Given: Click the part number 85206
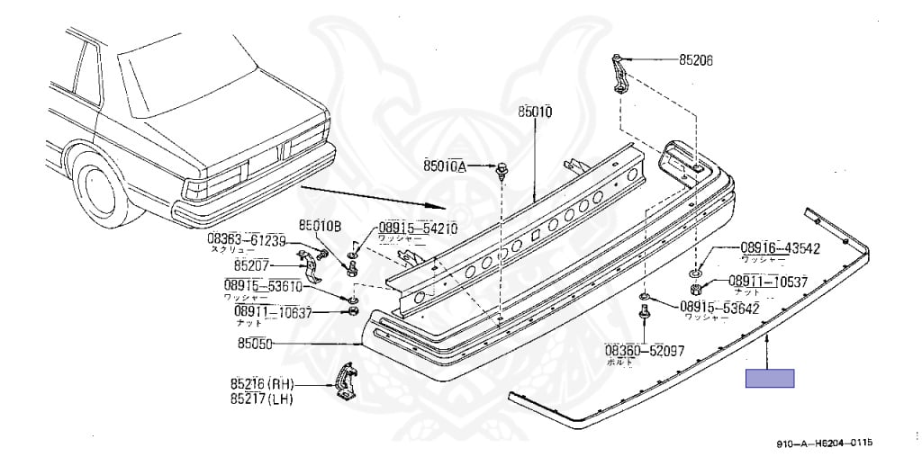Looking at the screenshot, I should [x=695, y=61].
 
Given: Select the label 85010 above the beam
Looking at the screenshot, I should [x=535, y=112].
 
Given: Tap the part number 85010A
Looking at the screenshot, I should [x=445, y=166].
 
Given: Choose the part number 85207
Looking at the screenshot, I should [x=253, y=265].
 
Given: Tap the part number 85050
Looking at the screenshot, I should [x=256, y=343].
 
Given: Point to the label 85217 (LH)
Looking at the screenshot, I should [x=260, y=398].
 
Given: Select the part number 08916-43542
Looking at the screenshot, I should [x=780, y=248].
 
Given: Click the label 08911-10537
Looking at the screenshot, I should [x=767, y=281].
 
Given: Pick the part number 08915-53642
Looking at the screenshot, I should [x=719, y=308].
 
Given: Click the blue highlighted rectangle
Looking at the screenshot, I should [x=770, y=378].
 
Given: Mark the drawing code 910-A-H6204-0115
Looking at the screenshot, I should [x=825, y=444].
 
